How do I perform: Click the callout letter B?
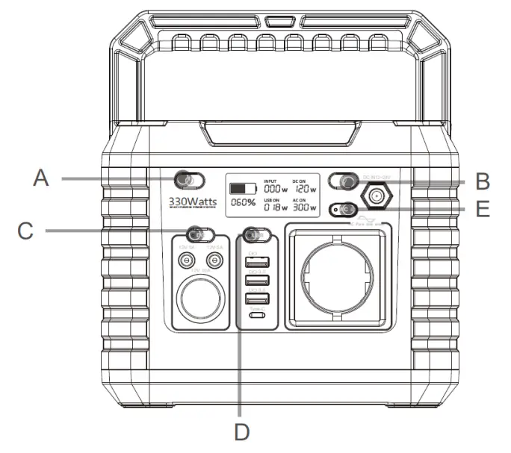pyautogui.click(x=482, y=181)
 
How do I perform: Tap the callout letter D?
pyautogui.click(x=241, y=431)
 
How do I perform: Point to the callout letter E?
pyautogui.click(x=483, y=208)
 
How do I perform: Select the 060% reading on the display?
pyautogui.click(x=244, y=202)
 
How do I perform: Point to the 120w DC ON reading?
pyautogui.click(x=303, y=190)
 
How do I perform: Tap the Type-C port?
pyautogui.click(x=256, y=316)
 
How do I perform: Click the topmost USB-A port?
pyautogui.click(x=254, y=263)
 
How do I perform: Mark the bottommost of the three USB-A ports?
pyautogui.click(x=254, y=300)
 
